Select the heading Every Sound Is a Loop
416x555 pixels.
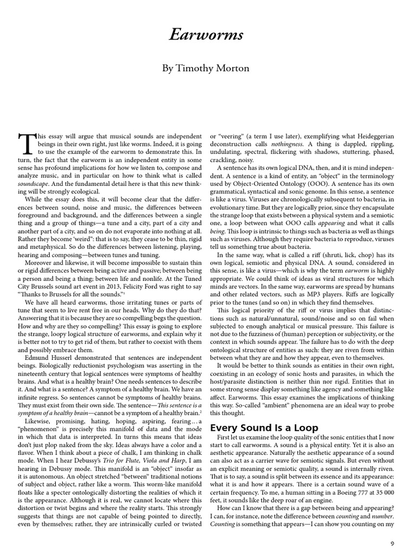[264, 428]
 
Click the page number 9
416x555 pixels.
[393, 543]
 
